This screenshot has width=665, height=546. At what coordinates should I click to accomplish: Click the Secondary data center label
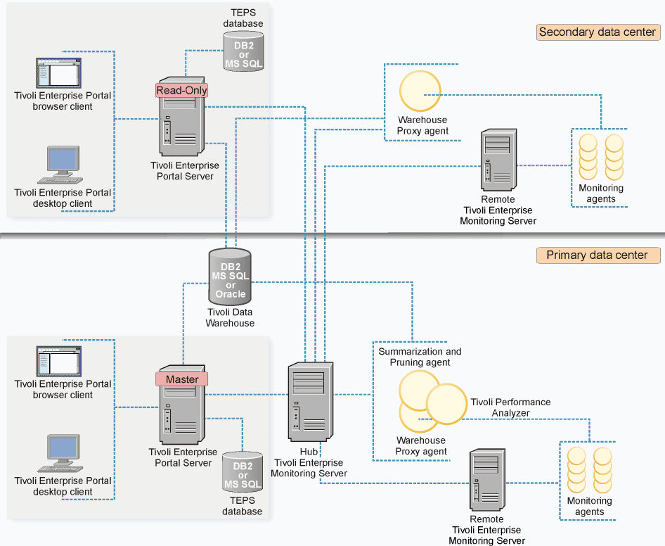point(598,32)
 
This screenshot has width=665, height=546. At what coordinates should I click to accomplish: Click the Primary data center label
point(598,255)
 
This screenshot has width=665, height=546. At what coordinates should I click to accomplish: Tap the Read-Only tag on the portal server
point(181,90)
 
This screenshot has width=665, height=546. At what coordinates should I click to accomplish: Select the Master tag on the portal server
point(181,379)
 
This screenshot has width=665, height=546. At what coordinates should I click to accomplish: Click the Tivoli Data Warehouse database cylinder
point(231,277)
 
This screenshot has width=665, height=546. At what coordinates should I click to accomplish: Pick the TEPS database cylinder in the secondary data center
point(243,51)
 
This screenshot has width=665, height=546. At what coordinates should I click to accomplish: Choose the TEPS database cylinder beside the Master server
point(243,471)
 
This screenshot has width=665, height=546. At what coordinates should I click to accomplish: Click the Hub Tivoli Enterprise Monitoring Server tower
point(311,402)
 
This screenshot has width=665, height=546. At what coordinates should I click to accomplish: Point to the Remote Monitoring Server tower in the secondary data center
point(499,160)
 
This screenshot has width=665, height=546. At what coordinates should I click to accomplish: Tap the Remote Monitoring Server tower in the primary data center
point(487,480)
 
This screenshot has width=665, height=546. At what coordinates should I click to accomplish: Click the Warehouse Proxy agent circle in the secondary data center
point(420,91)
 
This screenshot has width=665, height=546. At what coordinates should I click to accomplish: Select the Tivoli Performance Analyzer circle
point(446,404)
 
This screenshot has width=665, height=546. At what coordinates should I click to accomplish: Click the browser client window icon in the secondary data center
point(58,73)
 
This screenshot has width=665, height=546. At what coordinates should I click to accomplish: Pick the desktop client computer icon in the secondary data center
point(60,165)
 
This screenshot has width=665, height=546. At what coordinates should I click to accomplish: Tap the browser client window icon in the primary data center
point(58,362)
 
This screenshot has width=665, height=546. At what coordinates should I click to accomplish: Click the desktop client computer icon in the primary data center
point(60,453)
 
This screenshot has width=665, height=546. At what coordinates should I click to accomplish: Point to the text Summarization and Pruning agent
point(420,357)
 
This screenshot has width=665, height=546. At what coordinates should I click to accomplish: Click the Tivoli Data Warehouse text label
point(230,317)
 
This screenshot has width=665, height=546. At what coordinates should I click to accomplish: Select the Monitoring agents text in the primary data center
point(590,506)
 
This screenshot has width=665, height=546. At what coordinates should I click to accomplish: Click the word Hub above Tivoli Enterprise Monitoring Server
point(309,452)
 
